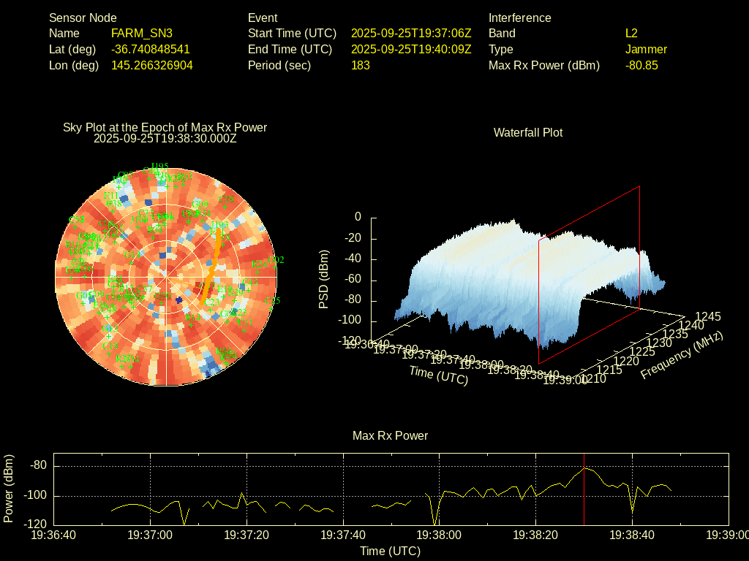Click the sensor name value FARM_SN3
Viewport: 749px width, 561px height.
click(142, 33)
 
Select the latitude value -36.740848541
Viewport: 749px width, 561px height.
click(151, 49)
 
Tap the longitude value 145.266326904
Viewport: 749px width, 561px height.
click(152, 65)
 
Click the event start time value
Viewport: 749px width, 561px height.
click(411, 33)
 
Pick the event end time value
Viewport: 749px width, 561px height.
click(411, 49)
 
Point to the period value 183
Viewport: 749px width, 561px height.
click(361, 65)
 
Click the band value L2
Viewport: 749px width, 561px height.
click(631, 33)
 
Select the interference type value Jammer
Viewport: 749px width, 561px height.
click(646, 49)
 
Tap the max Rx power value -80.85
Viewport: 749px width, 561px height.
click(641, 65)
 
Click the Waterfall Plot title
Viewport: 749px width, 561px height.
click(528, 132)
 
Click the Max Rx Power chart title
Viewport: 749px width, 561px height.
click(390, 435)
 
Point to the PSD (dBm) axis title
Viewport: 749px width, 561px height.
click(324, 279)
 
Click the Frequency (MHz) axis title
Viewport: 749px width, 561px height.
click(682, 355)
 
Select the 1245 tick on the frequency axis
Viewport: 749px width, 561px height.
click(707, 316)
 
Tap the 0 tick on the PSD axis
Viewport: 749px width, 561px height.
click(358, 217)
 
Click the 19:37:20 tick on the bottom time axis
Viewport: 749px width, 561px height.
click(246, 535)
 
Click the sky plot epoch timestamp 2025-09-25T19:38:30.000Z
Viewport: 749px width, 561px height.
click(165, 138)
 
